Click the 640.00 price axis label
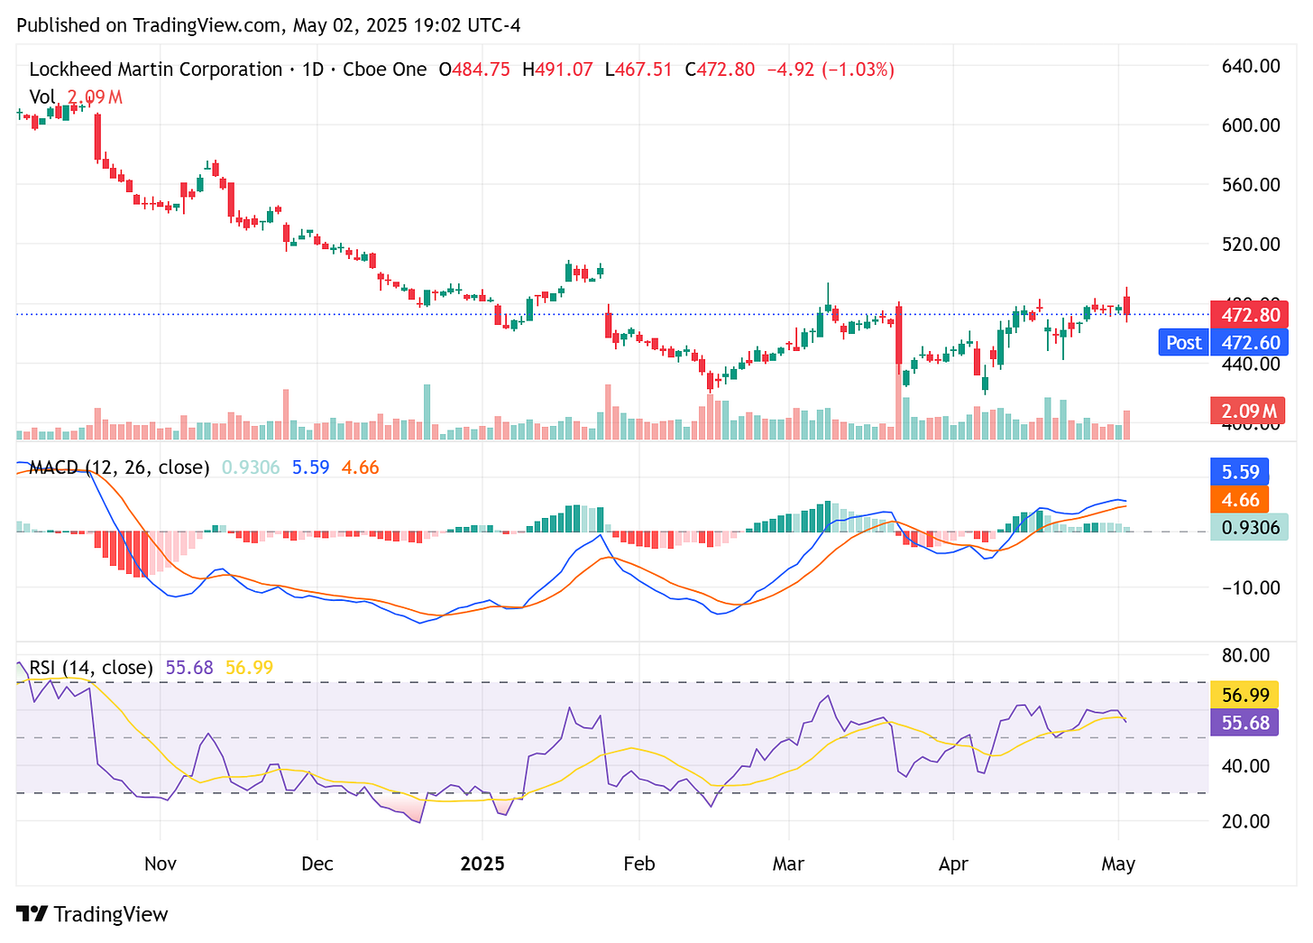1250,66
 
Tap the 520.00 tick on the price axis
1250,244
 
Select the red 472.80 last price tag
1250,315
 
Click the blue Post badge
1183,343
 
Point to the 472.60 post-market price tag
1250,343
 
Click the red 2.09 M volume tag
1249,411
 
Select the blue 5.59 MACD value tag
1240,472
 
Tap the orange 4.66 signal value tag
1240,500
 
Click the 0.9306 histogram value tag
1249,528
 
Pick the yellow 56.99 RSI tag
1245,695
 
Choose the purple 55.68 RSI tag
1245,723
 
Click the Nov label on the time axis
161,864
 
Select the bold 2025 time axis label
482,864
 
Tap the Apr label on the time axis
953,864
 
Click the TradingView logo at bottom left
93,914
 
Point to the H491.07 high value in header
557,69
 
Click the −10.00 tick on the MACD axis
1250,587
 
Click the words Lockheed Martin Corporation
155,69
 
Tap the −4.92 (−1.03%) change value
830,69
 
